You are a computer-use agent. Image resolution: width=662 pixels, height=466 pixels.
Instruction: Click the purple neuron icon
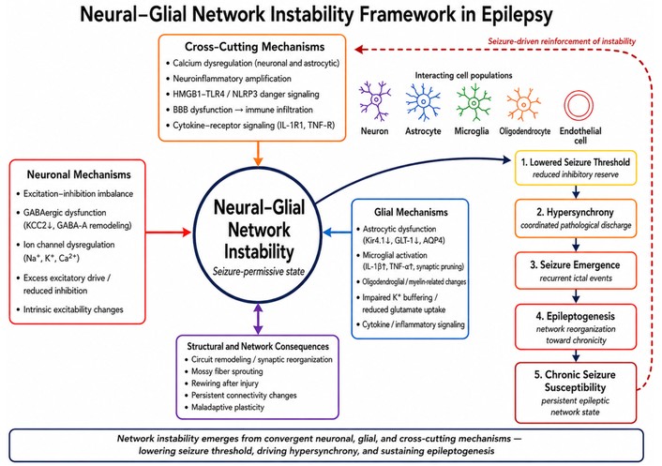click(x=375, y=101)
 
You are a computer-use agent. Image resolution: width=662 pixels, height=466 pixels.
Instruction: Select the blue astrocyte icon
click(x=423, y=101)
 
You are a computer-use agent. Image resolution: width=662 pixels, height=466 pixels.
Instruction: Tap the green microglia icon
click(x=473, y=102)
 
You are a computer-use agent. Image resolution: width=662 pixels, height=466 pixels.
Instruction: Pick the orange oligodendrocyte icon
click(x=523, y=104)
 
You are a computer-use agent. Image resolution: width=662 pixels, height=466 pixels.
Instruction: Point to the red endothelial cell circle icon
click(x=579, y=106)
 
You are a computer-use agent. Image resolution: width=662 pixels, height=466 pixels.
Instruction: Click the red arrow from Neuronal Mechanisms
click(x=169, y=232)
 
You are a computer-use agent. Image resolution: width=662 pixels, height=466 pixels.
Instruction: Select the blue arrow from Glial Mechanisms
click(x=337, y=232)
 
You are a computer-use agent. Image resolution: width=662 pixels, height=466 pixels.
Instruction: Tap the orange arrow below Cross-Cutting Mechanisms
click(x=258, y=154)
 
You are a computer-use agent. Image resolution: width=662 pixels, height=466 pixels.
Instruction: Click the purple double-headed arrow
click(x=258, y=320)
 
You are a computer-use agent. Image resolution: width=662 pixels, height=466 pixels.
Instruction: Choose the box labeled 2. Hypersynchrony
click(x=576, y=218)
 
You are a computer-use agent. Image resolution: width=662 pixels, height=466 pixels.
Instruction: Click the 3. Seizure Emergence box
click(x=576, y=271)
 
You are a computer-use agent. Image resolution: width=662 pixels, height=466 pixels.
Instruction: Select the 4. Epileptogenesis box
click(x=576, y=327)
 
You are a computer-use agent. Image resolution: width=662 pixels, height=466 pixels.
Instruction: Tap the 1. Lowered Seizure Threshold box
click(x=576, y=168)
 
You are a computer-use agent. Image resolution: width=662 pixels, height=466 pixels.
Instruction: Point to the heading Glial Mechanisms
click(x=411, y=212)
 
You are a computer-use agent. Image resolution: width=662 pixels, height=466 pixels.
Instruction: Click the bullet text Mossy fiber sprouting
click(x=227, y=371)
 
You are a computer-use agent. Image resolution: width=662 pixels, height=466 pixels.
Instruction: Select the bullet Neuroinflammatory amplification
click(x=232, y=79)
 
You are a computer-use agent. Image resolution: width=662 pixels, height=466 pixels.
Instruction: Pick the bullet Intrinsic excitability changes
click(x=73, y=309)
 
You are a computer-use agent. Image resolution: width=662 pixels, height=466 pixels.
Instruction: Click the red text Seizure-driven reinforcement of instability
click(x=562, y=41)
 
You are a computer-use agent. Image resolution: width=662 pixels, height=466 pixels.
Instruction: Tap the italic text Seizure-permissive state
click(x=259, y=271)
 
